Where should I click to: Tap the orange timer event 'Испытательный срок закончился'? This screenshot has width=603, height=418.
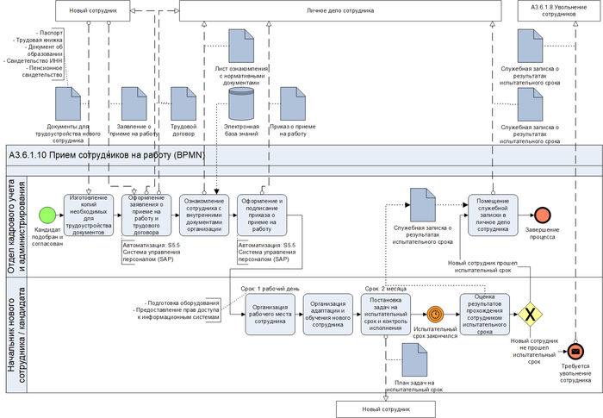pyautogui.click(x=435, y=314)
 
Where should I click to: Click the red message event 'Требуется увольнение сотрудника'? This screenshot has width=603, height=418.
pyautogui.click(x=575, y=350)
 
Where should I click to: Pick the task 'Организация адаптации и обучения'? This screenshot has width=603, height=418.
pyautogui.click(x=328, y=314)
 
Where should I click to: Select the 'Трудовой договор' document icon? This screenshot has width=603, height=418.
pyautogui.click(x=184, y=103)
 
